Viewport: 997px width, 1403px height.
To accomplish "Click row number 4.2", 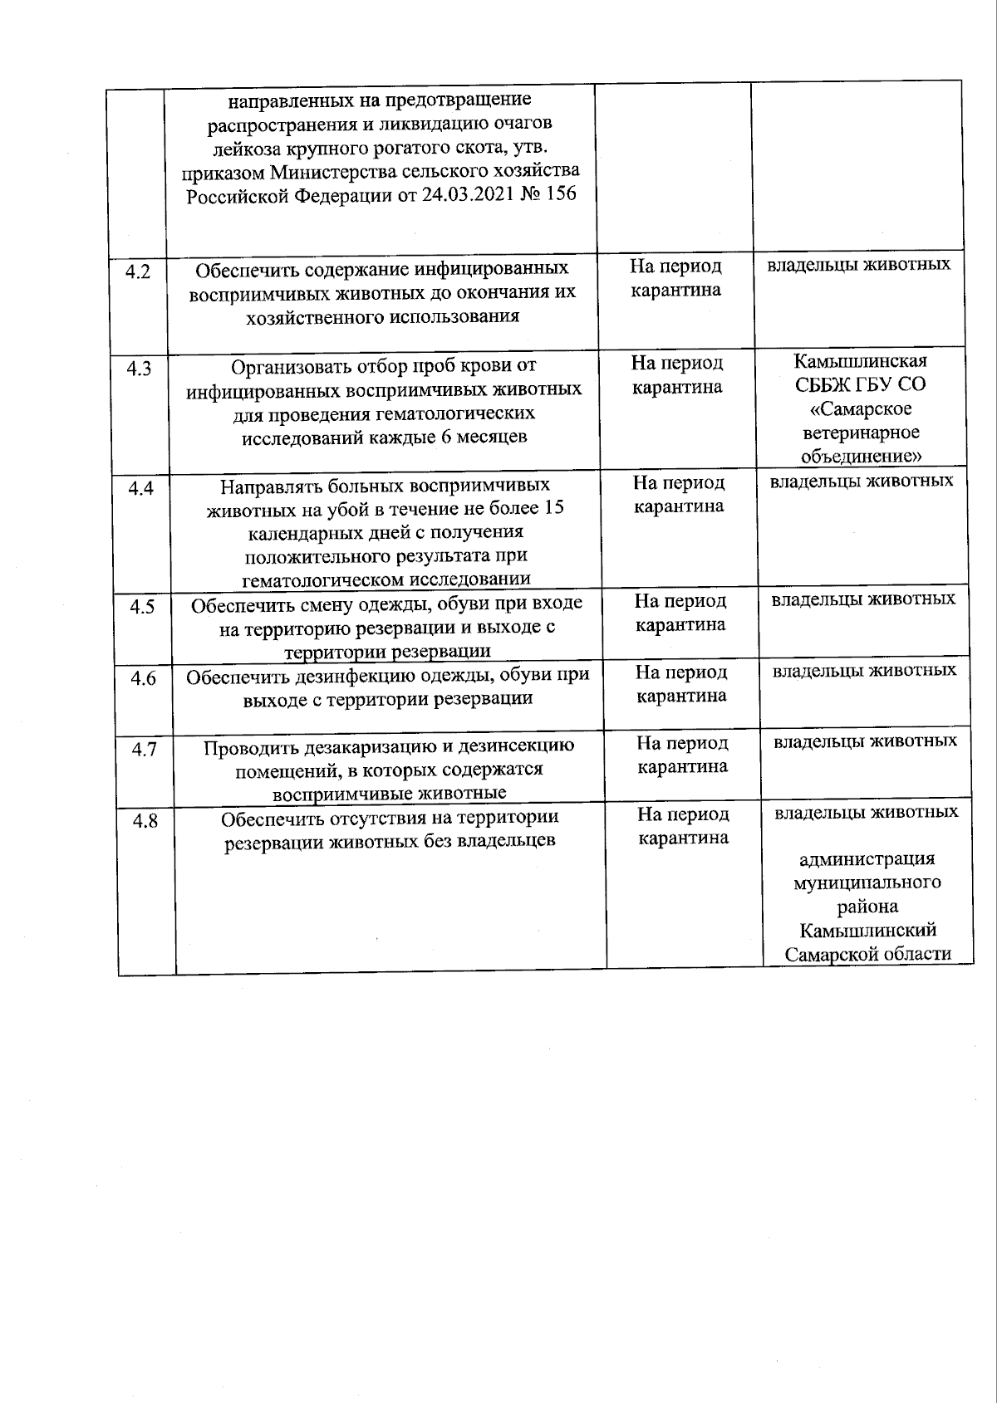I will coord(138,271).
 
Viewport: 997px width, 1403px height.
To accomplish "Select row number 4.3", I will coord(139,369).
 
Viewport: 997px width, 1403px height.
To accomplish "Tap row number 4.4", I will coord(140,488).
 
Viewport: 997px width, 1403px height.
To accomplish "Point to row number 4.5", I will coord(142,607).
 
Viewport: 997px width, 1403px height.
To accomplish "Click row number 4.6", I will coord(143,678).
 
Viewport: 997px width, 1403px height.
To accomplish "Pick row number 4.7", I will coord(144,750).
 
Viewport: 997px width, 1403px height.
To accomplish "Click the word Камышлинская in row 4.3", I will coord(860,361).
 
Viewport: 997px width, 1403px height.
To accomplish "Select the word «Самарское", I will coord(861,409).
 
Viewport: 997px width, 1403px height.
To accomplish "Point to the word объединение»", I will coord(862,457).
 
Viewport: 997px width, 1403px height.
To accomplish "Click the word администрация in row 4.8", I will coord(867,858).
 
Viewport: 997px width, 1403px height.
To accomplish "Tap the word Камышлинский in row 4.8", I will coord(868,930).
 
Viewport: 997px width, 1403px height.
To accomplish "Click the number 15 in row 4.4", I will coord(553,507).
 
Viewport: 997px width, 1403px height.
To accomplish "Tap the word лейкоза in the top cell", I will coord(243,148).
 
